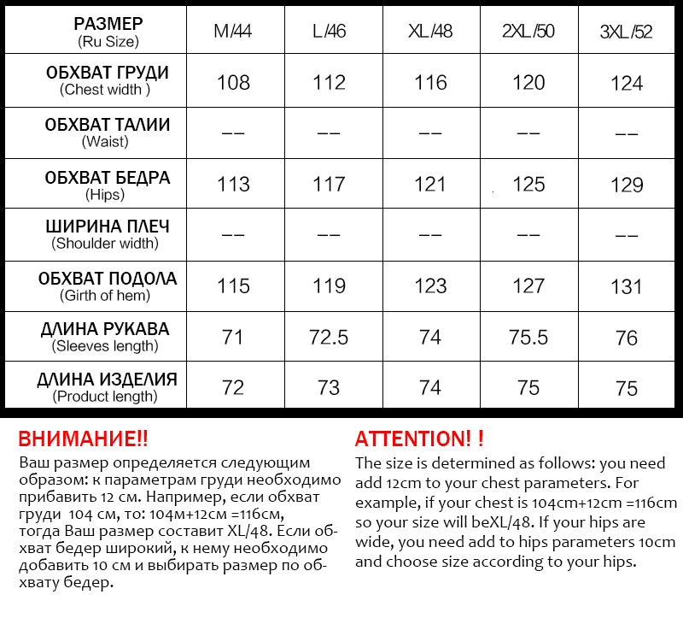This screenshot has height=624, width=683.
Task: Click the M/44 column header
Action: pos(233,32)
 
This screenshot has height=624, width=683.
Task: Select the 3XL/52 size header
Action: pos(627,32)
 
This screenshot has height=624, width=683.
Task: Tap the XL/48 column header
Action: pos(430,32)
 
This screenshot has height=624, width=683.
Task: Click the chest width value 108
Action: pos(233,82)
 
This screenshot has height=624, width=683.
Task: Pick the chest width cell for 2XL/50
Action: pos(528,82)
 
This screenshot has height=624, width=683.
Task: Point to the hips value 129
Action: pos(627,184)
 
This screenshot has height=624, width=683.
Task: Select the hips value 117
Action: pos(330,184)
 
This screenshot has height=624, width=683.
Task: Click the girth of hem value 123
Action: pos(430,286)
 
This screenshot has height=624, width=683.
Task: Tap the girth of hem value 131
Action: pos(627,286)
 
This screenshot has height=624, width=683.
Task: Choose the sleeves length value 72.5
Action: pos(330,337)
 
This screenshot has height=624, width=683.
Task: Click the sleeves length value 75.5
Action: pos(528,337)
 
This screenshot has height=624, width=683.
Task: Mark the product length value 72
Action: pos(233,388)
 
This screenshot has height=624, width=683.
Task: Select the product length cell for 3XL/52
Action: pos(627,388)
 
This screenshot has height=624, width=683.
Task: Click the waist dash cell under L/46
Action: pos(330,133)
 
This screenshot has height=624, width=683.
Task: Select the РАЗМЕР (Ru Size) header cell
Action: pos(108,32)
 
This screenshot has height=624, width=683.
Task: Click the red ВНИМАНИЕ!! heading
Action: pos(83,439)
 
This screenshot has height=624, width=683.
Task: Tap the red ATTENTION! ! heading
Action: pos(419,439)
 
